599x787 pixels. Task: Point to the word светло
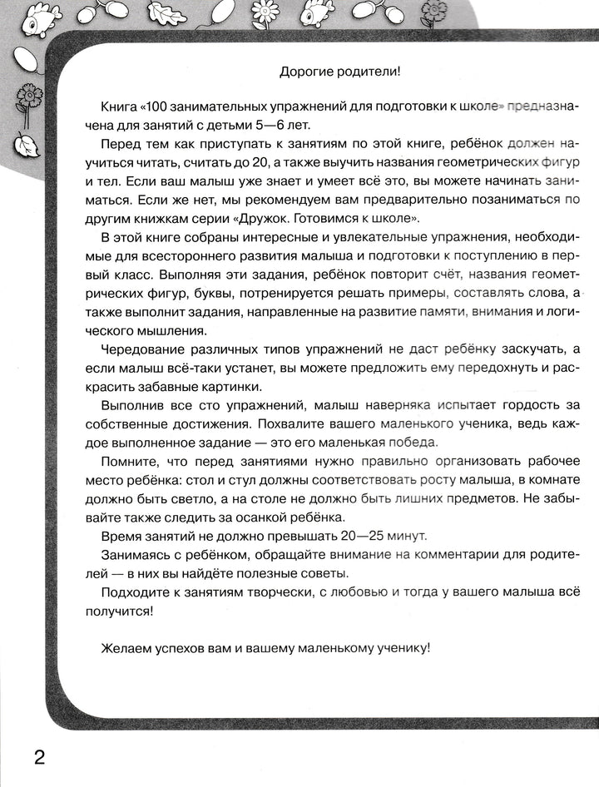point(205,497)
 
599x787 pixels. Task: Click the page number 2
point(37,758)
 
